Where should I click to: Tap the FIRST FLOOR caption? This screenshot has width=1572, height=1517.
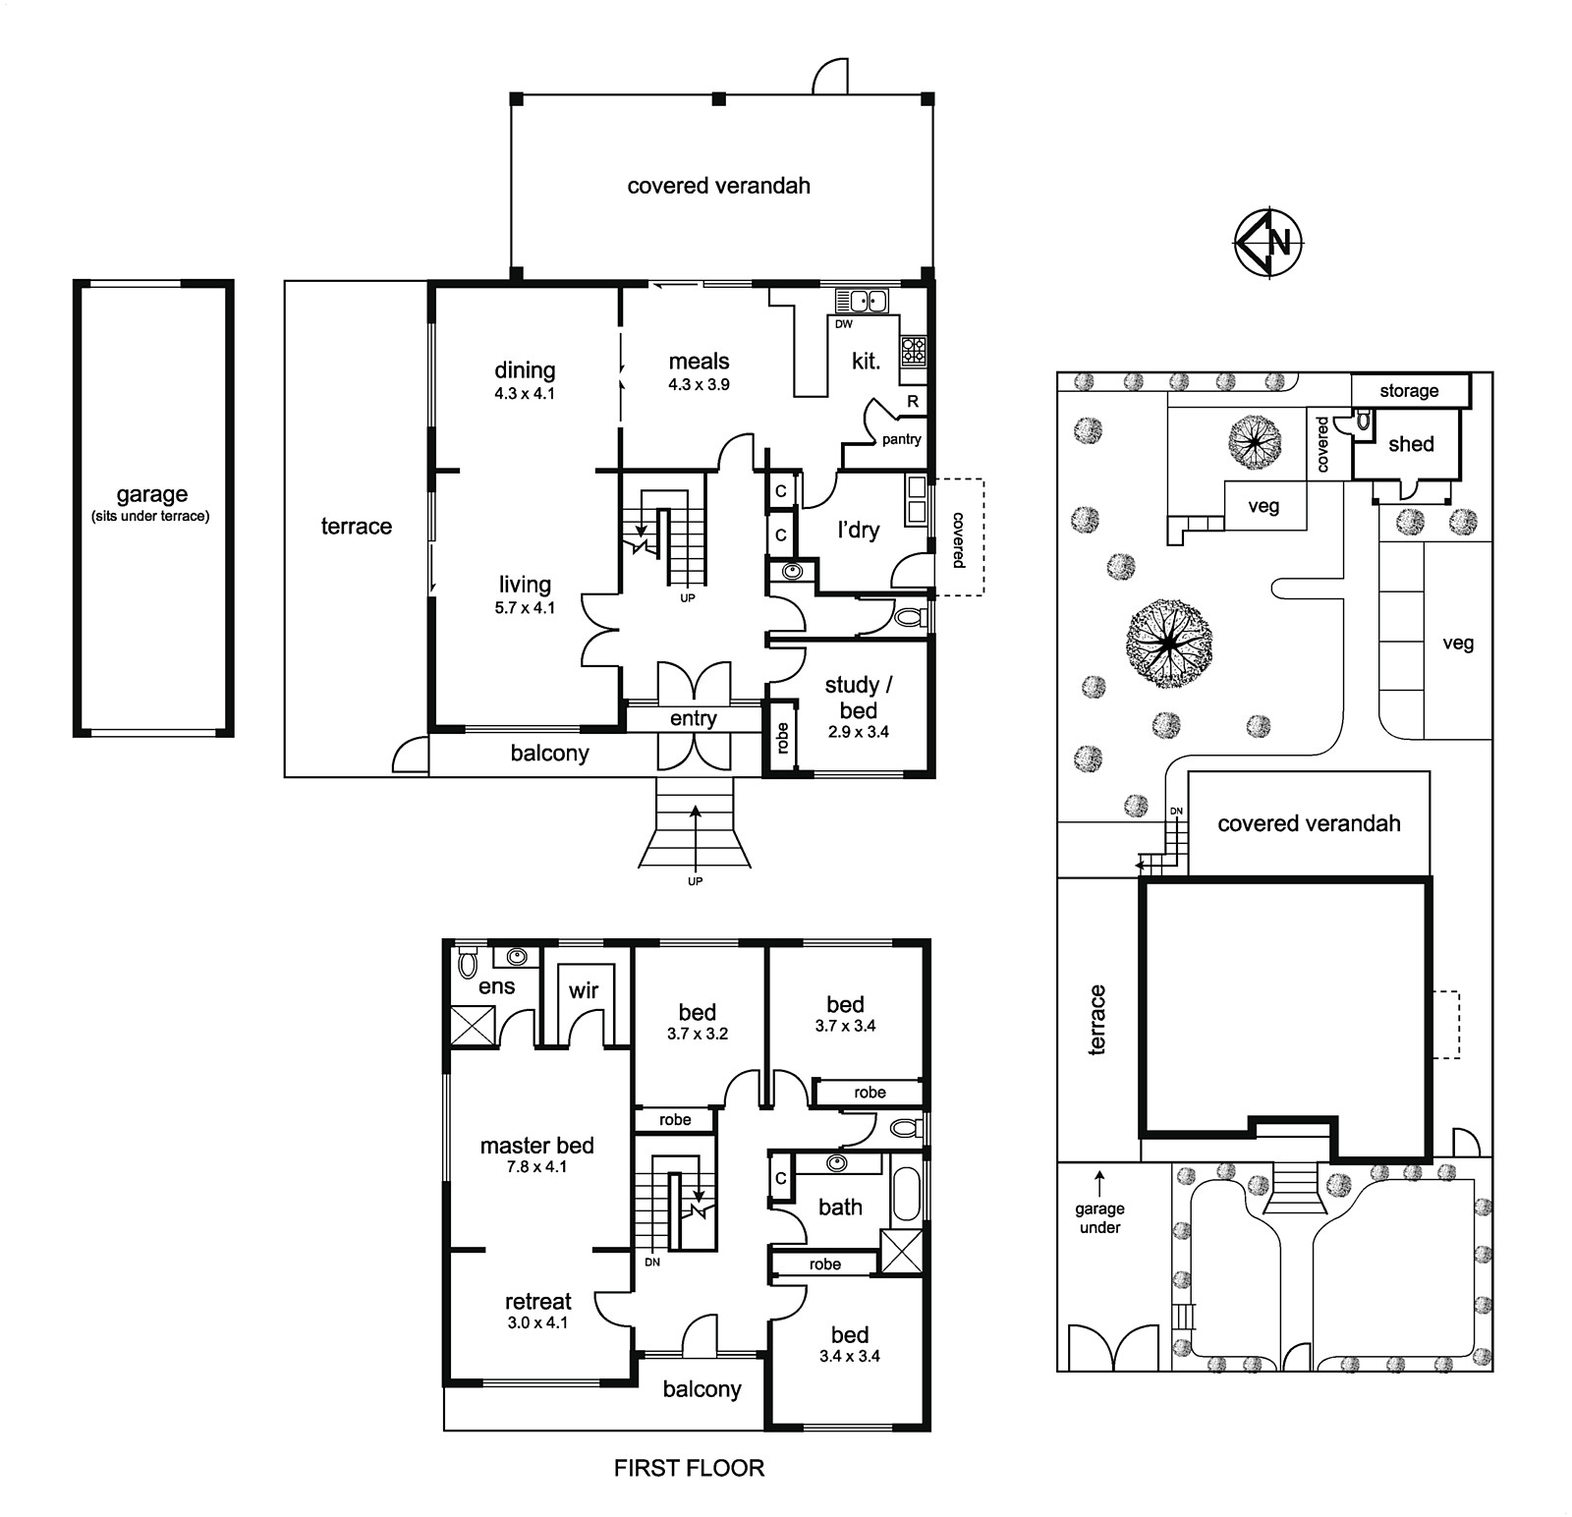(689, 1468)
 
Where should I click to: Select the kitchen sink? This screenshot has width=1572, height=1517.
(862, 301)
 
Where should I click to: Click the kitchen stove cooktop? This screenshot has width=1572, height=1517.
(913, 351)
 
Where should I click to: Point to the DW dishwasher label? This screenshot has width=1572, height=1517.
(844, 323)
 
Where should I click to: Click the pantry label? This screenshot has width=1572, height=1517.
(901, 439)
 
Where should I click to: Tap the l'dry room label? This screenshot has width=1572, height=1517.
(858, 530)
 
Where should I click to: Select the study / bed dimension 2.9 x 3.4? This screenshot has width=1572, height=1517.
(858, 731)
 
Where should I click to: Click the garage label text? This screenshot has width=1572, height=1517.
(151, 494)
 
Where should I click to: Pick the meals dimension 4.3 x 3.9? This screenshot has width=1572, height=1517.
(699, 384)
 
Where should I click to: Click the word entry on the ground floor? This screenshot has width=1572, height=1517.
(693, 718)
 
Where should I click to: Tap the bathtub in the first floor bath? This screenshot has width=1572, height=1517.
(906, 1193)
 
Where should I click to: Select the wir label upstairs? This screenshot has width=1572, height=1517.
(583, 990)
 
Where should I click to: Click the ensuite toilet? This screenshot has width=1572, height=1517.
(469, 964)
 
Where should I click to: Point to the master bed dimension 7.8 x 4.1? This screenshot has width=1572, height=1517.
(536, 1166)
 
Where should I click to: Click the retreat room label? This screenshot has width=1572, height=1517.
(537, 1301)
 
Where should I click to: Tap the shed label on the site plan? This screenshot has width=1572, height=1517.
(1411, 444)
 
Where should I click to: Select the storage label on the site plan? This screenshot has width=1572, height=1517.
(1409, 390)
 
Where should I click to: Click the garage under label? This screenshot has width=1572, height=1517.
(1099, 1218)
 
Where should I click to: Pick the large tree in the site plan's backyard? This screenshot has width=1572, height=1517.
(1168, 644)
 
